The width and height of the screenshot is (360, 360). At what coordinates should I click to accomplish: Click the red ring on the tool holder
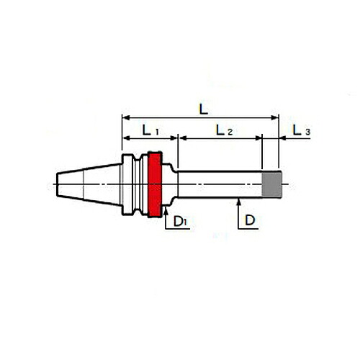[x=155, y=184]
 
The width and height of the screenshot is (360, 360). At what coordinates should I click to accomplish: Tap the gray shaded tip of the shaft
[x=271, y=184]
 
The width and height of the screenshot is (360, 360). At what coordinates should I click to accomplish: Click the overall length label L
[x=204, y=109]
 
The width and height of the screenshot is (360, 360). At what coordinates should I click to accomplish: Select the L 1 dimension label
[x=150, y=131]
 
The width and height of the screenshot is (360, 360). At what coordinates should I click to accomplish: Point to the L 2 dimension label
[x=224, y=130]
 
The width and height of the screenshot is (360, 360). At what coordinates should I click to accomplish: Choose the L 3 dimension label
[x=302, y=130]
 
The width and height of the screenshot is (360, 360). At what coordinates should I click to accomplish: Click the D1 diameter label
[x=180, y=221]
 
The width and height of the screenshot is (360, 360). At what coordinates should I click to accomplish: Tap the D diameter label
[x=250, y=220]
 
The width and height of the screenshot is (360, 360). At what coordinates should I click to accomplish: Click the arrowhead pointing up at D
[x=238, y=202]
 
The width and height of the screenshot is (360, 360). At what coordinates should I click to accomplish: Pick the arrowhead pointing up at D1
[x=166, y=211]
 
